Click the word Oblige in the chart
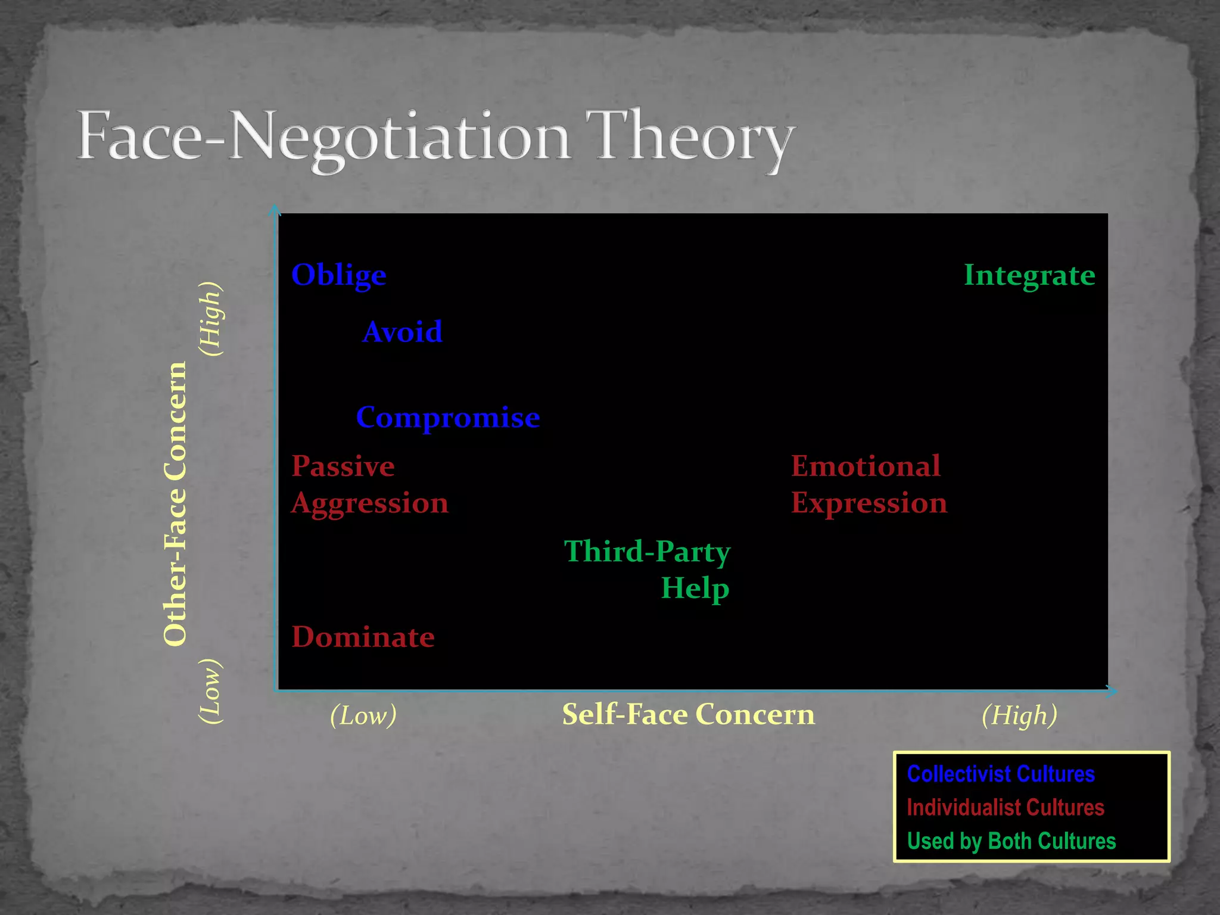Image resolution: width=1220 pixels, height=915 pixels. [x=338, y=275]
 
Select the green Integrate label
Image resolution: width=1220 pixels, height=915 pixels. [x=1029, y=275]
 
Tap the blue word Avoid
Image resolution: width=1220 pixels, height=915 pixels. [x=403, y=332]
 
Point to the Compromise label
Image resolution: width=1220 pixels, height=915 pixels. [x=448, y=417]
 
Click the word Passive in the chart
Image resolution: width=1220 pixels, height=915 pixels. [x=343, y=466]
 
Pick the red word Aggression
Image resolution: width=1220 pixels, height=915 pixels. [x=370, y=503]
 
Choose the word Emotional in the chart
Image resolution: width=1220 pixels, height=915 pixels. [x=866, y=466]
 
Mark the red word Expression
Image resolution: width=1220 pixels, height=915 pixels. [x=869, y=503]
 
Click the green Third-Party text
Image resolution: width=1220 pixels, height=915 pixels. [x=647, y=552]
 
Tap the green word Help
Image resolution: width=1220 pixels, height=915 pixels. [x=695, y=588]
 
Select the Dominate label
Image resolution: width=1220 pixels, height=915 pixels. [x=363, y=637]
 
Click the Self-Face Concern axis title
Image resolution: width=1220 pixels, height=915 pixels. [x=689, y=714]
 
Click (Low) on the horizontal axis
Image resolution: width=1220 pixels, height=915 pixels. [x=363, y=715]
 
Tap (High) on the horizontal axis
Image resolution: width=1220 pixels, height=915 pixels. [x=1019, y=715]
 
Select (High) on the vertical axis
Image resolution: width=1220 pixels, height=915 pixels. [x=211, y=319]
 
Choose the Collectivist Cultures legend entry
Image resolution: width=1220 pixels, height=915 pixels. [x=1001, y=774]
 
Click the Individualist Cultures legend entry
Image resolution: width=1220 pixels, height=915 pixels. [x=1006, y=808]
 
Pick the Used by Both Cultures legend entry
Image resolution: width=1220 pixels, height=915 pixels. [x=1012, y=841]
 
